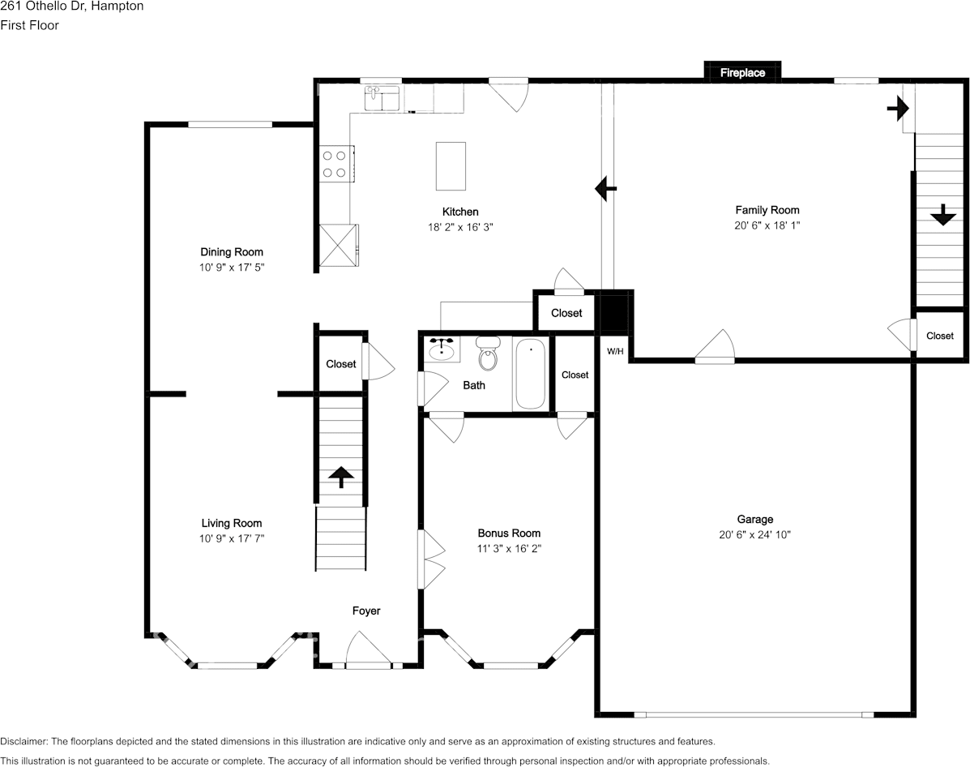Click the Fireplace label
click(x=742, y=73)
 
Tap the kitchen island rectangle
click(x=451, y=164)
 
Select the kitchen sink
click(x=382, y=99)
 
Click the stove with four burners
click(x=335, y=162)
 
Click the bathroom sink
click(x=442, y=349)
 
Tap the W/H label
click(x=615, y=351)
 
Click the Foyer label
click(x=365, y=611)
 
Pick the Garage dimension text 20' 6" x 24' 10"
click(x=754, y=534)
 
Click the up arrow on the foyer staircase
click(x=340, y=477)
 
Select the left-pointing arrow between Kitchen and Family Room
click(x=605, y=188)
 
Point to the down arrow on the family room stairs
click(x=942, y=215)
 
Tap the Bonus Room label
click(x=508, y=533)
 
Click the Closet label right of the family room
click(x=940, y=336)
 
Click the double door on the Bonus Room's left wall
click(x=429, y=559)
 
